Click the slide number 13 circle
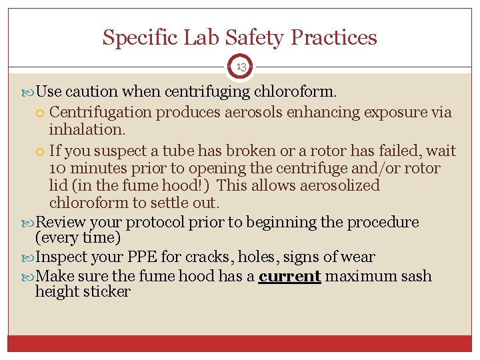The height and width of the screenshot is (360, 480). coord(240,66)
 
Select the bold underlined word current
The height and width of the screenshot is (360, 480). coord(289,276)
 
